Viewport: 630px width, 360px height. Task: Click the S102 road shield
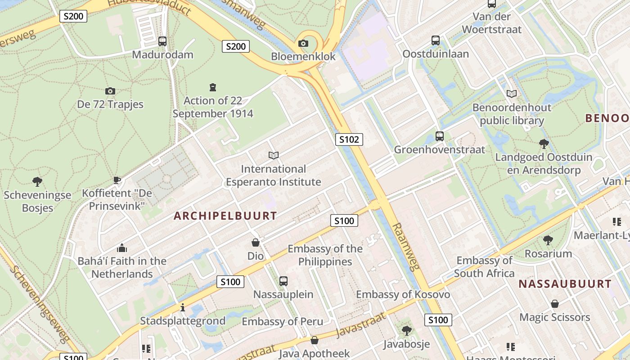tap(349, 139)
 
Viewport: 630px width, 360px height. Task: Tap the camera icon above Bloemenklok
tap(303, 43)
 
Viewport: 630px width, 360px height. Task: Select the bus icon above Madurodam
tap(162, 41)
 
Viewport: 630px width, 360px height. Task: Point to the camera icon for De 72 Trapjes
tap(110, 91)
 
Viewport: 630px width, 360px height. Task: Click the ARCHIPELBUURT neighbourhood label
tap(225, 216)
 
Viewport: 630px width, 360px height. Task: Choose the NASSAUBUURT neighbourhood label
tap(565, 284)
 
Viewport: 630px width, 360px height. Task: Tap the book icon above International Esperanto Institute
tap(273, 155)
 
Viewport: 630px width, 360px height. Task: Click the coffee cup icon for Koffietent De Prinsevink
tap(117, 180)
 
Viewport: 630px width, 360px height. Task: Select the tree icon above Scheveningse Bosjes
tap(37, 182)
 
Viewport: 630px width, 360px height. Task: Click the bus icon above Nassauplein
tap(283, 281)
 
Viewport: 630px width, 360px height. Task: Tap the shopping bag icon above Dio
tap(256, 243)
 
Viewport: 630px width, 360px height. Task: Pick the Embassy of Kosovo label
tap(403, 294)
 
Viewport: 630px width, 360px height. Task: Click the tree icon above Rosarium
tap(548, 240)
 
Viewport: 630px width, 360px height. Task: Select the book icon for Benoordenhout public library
tap(512, 94)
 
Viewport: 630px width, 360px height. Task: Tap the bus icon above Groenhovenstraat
tap(439, 136)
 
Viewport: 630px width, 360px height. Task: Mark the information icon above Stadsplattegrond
tap(183, 308)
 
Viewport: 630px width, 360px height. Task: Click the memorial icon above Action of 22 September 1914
tap(213, 87)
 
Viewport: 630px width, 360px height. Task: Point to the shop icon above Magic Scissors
tap(554, 304)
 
